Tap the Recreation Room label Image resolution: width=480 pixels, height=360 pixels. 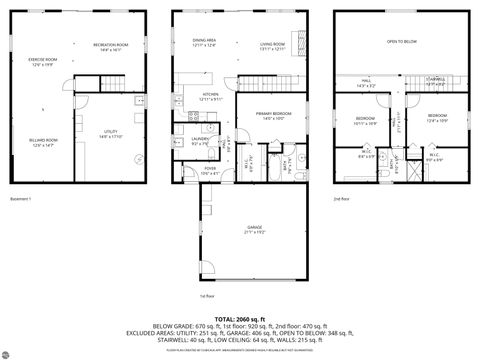111,46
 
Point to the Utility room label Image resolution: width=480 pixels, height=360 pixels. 110,133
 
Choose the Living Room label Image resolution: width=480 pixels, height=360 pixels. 273,45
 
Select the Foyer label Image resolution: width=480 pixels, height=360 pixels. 210,169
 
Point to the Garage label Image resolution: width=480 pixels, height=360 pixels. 255,229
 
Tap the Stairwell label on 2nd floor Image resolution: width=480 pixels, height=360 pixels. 435,80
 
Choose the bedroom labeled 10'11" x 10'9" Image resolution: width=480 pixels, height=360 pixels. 364,120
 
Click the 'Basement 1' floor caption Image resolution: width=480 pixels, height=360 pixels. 19,199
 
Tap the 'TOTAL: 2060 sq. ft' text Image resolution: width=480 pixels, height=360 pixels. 240,317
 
